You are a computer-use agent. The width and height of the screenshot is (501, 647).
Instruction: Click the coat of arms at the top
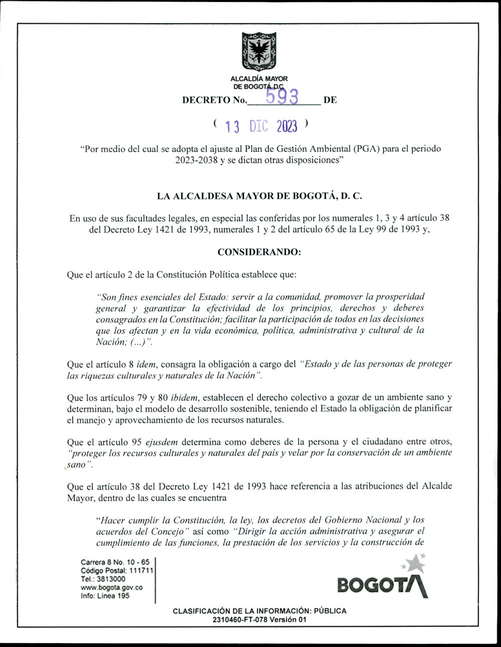pos(259,52)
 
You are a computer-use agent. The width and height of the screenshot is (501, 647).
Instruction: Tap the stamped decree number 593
pos(282,96)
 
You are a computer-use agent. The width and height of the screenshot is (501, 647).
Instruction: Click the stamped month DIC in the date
pos(259,126)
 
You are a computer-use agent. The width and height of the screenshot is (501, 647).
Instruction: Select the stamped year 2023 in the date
pos(287,126)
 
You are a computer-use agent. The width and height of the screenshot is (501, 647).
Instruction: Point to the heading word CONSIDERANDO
pos(259,252)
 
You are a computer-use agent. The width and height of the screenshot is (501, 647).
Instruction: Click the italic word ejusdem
pos(162,442)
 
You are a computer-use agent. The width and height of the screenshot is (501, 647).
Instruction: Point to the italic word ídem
pos(146,365)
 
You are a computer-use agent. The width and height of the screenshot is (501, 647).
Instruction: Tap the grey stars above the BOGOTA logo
pos(414,563)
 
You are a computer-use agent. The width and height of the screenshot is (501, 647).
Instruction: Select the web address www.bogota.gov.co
pos(112,587)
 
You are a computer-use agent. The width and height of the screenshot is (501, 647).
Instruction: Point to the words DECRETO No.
pos(214,100)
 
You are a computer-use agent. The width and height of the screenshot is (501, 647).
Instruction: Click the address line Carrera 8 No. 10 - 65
pos(115,562)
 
